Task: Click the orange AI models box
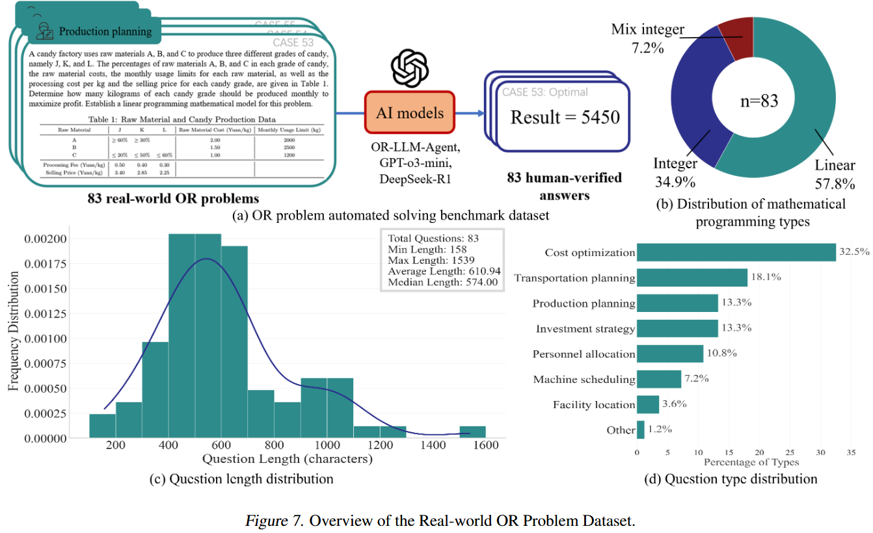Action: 409,113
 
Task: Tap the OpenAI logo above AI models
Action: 410,68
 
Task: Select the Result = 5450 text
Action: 565,117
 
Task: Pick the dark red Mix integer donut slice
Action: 736,40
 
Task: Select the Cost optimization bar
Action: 736,252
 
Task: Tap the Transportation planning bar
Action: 692,278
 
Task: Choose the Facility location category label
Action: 593,404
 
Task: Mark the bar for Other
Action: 641,430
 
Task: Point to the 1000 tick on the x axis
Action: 327,445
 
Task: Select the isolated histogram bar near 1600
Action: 472,432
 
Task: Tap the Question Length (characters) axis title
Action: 288,460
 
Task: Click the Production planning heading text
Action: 105,31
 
